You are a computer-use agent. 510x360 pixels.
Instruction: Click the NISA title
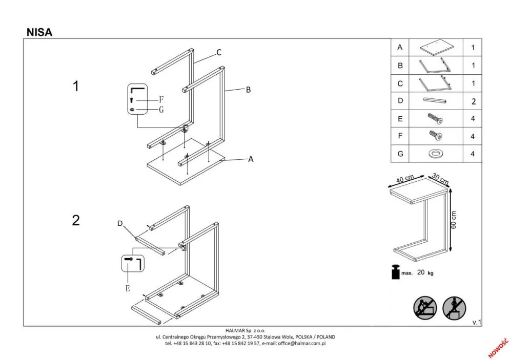pos(39,32)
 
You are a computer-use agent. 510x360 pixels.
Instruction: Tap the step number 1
pos(76,87)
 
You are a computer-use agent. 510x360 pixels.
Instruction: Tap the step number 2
pos(76,220)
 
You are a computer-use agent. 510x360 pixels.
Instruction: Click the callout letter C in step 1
pos(218,52)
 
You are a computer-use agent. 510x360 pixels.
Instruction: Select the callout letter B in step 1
pos(248,90)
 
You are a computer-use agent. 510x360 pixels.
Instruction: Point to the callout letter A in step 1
pos(251,159)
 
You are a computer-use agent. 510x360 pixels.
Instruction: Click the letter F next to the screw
pos(161,99)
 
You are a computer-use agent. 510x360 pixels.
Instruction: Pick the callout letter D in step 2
pos(120,223)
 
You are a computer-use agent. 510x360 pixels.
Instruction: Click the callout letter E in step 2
pos(128,288)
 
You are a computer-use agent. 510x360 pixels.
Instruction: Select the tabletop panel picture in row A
pos(435,48)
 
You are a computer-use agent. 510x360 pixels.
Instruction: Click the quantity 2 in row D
pos(473,101)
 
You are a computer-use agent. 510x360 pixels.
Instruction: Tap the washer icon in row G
pos(435,154)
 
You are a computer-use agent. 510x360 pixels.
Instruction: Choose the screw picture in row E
pos(435,119)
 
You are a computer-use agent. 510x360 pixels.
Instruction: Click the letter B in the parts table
pos(400,66)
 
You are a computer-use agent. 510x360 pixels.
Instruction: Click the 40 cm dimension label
pos(405,179)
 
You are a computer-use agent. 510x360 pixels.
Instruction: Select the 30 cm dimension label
pos(440,178)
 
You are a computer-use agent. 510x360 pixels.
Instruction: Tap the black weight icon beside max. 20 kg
pos(395,272)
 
